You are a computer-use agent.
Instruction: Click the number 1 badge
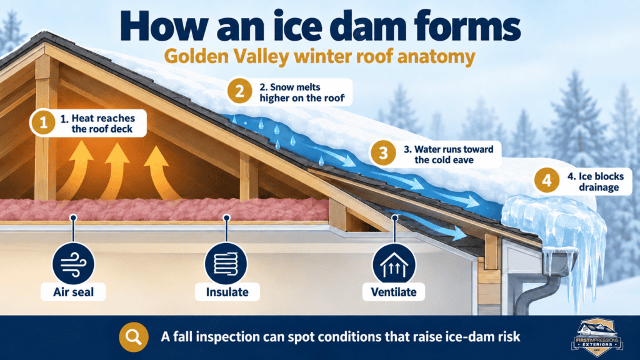(x=43, y=122)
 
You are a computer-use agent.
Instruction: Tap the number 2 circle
(x=239, y=91)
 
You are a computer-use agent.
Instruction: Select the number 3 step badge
(x=383, y=153)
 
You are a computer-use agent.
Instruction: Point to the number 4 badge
(x=547, y=181)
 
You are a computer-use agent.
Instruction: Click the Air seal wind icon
(x=74, y=263)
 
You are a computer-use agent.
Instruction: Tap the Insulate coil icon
(x=226, y=263)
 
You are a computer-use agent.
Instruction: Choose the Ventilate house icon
(x=394, y=264)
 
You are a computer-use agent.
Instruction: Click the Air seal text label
(x=74, y=292)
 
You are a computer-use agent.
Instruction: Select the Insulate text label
(x=227, y=292)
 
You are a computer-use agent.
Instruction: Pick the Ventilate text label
(x=394, y=292)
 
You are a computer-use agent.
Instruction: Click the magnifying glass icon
(x=134, y=337)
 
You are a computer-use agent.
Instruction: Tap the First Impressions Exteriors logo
(x=597, y=336)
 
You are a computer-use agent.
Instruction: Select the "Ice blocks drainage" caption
(x=596, y=182)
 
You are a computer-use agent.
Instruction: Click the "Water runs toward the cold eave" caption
(x=449, y=154)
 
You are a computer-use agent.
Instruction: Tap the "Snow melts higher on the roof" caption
(x=301, y=92)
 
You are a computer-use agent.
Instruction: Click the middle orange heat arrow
(x=114, y=171)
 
